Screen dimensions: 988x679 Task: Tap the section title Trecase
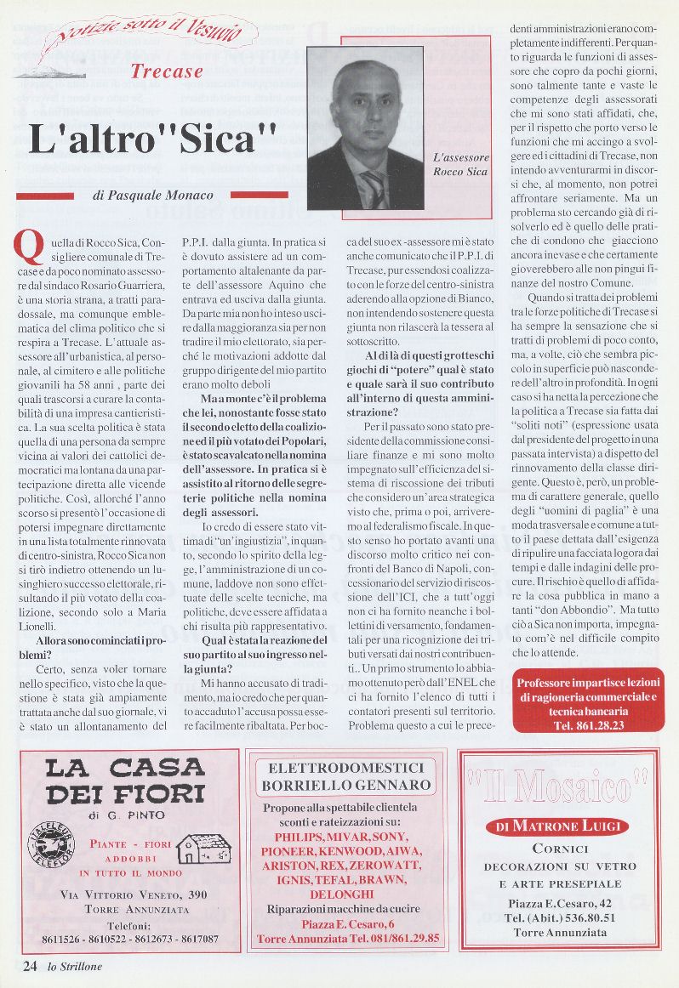pyautogui.click(x=168, y=72)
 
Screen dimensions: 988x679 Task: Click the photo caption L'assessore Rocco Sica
pyautogui.click(x=460, y=165)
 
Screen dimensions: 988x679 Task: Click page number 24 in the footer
pyautogui.click(x=31, y=965)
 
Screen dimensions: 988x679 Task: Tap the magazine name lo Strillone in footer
pyautogui.click(x=77, y=966)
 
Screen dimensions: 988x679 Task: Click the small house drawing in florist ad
pyautogui.click(x=206, y=849)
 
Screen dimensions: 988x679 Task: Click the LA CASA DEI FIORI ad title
pyautogui.click(x=125, y=781)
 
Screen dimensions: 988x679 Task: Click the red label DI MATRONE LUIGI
pyautogui.click(x=557, y=826)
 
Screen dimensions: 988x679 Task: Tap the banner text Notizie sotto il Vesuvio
pyautogui.click(x=149, y=35)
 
